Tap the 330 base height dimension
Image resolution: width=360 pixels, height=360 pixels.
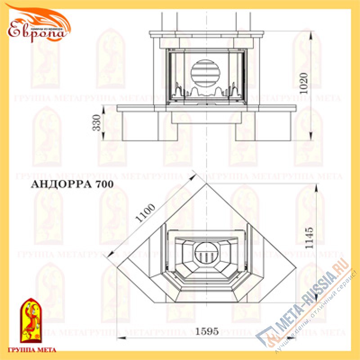click(96, 122)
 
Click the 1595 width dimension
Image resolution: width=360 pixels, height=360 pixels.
click(207, 332)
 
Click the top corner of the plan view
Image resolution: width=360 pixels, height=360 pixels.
click(206, 183)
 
